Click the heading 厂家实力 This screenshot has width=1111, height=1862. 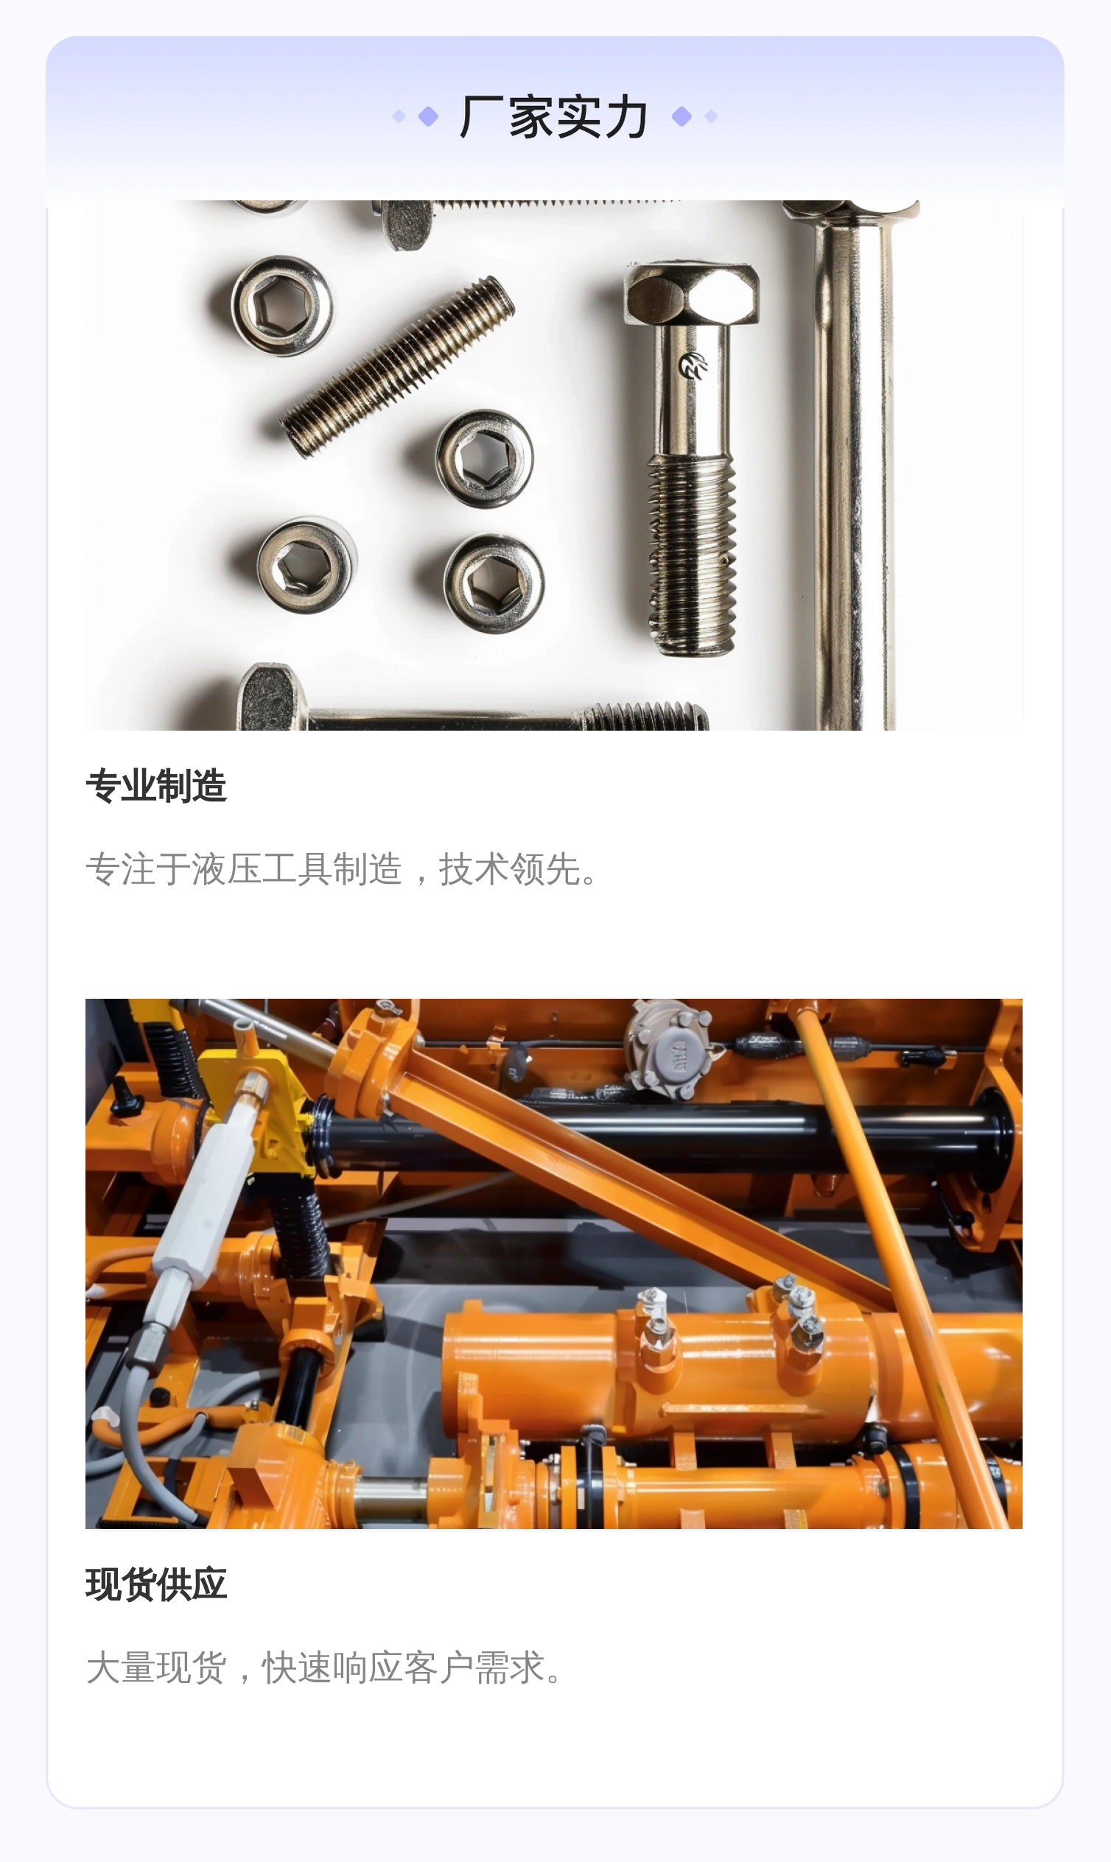pos(554,117)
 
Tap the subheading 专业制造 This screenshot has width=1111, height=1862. pos(155,786)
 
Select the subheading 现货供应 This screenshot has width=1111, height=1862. pos(155,1584)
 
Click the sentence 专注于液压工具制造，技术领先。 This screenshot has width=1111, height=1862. pos(342,870)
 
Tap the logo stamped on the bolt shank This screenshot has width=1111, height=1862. pos(693,365)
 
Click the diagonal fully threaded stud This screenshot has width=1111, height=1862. pos(397,367)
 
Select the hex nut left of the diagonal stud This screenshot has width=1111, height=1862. pos(282,306)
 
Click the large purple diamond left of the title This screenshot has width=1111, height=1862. pos(428,117)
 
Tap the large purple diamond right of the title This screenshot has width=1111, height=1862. pos(681,117)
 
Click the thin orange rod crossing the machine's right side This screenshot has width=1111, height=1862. pos(898,1265)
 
